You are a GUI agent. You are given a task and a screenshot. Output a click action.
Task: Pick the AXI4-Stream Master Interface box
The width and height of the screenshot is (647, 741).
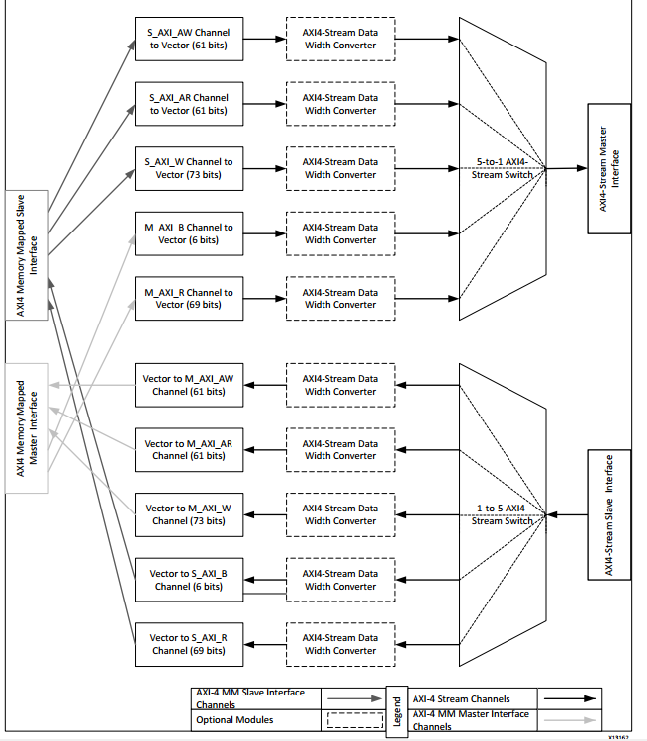pyautogui.click(x=608, y=168)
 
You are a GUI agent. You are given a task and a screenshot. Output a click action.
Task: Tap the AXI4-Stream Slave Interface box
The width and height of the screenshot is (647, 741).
pyautogui.click(x=608, y=514)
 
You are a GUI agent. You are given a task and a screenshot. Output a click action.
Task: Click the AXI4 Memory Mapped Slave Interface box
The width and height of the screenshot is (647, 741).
pyautogui.click(x=28, y=255)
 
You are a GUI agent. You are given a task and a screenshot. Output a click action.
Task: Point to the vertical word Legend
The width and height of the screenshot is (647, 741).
pyautogui.click(x=397, y=709)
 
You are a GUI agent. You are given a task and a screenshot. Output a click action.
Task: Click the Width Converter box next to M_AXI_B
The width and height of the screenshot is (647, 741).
pyautogui.click(x=339, y=233)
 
